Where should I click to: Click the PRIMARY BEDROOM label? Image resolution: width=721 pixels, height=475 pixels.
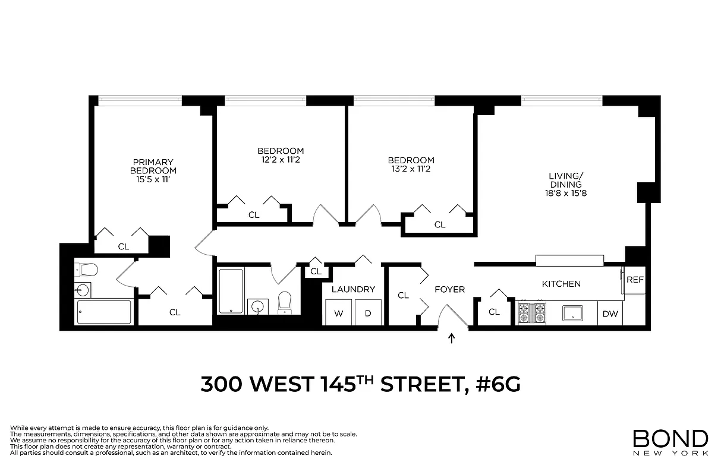[153, 166]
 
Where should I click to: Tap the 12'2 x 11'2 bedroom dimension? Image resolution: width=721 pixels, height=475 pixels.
[281, 160]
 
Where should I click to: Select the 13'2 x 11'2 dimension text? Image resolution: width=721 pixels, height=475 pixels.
[411, 169]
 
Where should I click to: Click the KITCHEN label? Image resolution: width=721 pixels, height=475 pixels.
[561, 284]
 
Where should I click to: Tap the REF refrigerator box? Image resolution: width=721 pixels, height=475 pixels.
[635, 280]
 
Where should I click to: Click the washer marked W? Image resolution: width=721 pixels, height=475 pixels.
[338, 313]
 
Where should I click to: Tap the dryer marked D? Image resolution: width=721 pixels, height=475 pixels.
[368, 313]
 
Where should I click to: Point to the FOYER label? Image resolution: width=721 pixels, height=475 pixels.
[449, 290]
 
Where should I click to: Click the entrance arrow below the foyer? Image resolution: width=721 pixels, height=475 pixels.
[452, 339]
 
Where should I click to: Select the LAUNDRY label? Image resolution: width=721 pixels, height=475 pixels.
[353, 290]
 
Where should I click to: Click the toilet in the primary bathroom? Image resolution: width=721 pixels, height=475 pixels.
[87, 271]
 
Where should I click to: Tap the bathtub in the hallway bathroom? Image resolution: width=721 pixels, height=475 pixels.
[231, 291]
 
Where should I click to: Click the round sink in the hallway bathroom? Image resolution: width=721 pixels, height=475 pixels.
[257, 306]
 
